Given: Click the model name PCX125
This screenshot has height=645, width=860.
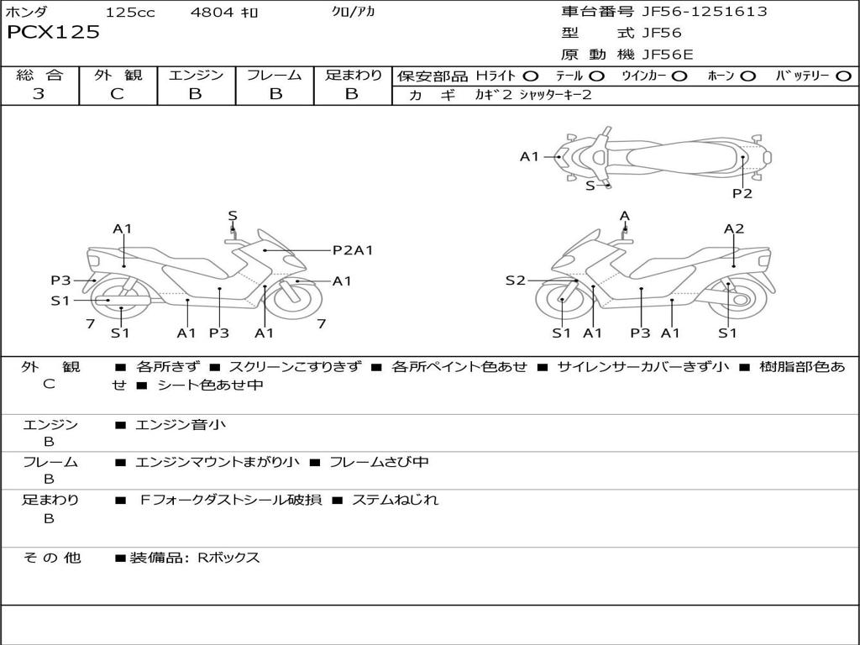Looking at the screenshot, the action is click(x=53, y=33).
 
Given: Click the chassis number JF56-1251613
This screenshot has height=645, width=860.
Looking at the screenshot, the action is click(x=693, y=12).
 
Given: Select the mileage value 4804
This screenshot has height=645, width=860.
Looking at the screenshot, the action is click(x=213, y=13).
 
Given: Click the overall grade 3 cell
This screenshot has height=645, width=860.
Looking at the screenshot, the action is click(x=39, y=94).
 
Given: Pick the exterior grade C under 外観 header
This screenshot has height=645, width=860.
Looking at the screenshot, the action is click(x=117, y=94).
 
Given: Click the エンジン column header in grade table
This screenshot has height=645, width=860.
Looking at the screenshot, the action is click(x=196, y=75).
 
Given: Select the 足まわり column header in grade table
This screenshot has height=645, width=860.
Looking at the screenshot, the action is click(x=353, y=75).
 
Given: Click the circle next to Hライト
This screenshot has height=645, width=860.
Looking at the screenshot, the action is click(x=531, y=76).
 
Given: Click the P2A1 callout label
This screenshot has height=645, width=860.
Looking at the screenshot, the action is click(x=353, y=249).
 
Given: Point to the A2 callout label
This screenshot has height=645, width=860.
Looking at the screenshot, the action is click(x=734, y=228).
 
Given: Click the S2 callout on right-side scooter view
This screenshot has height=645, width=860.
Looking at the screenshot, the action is click(x=515, y=281).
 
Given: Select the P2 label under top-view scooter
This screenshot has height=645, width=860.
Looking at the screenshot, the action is click(x=742, y=193).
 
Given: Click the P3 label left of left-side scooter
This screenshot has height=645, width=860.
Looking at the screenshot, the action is click(x=60, y=281).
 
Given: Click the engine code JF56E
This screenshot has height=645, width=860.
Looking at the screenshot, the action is click(x=668, y=55).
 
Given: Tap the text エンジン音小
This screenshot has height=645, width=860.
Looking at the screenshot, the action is click(x=181, y=425).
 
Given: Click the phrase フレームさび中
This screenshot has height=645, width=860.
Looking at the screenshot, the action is click(x=379, y=462).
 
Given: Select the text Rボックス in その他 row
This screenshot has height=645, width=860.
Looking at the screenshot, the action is click(x=228, y=558).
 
